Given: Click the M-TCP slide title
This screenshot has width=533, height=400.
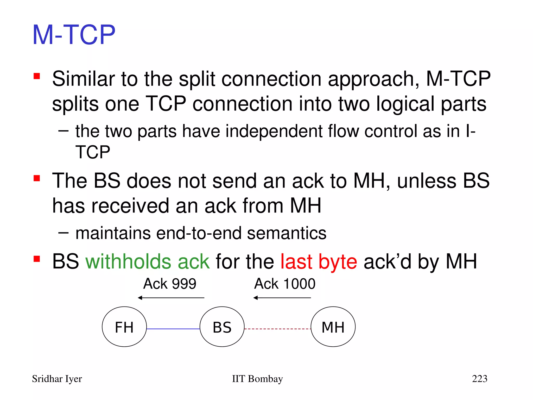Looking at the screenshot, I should coord(74,35).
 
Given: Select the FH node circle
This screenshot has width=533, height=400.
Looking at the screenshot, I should coord(124,327).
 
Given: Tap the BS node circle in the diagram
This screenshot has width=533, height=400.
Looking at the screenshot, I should coord(222,327).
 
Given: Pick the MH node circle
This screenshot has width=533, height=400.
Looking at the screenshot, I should coord(333,327).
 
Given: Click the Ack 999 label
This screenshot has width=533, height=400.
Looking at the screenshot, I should coord(170,284).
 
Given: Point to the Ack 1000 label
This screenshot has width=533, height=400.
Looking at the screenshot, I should coord(285,284).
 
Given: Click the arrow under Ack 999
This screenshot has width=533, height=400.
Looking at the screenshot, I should coord(171,298).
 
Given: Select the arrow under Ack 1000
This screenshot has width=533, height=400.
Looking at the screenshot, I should coord(282,298).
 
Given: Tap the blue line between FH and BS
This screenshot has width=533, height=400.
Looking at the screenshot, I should coord(173,329).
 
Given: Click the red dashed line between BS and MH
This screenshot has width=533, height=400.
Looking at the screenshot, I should coord(277,329).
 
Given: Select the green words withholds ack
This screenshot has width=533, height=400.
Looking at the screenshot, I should coord(148,261).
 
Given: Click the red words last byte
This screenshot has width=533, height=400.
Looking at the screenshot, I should coord(319,261).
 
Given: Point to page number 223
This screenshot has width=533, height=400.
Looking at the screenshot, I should coord(479,379).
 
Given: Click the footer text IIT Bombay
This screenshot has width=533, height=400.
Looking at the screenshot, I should coord(257,379).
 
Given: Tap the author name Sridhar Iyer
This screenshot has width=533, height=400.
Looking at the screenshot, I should coord(57,379).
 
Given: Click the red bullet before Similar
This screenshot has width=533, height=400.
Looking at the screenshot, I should coord(37,76).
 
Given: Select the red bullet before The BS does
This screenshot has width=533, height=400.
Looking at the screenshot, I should coord(37,178).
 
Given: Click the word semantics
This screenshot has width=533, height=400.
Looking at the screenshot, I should coord(287,233).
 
